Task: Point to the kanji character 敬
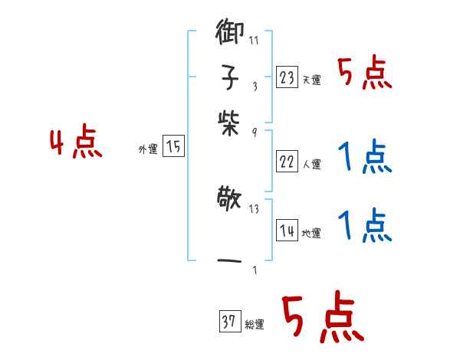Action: (x=229, y=204)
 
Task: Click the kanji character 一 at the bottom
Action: (x=229, y=262)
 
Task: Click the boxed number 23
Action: (x=287, y=77)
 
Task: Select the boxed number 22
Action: (x=287, y=162)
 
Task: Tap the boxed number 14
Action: (x=287, y=231)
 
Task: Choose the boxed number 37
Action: (x=228, y=322)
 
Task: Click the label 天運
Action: (x=312, y=80)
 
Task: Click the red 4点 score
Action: (x=76, y=143)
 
